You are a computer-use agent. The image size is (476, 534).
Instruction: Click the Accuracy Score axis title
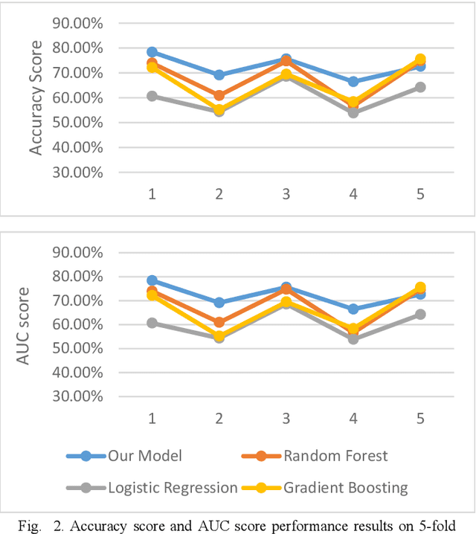35,97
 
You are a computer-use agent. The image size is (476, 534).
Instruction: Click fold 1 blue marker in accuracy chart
152,52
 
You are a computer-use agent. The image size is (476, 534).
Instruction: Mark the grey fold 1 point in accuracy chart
152,96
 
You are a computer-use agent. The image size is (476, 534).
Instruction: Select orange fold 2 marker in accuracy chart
219,95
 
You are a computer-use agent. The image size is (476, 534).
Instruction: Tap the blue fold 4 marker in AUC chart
353,309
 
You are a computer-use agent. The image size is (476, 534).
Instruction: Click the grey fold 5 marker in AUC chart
420,315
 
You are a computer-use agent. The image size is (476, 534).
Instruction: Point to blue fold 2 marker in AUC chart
219,303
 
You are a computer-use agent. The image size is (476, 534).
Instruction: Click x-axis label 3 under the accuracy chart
286,194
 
